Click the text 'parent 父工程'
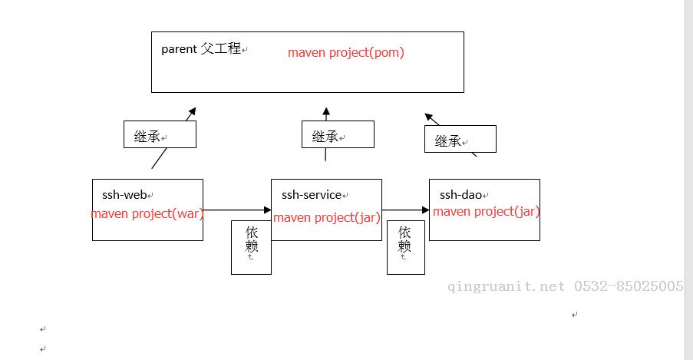200,48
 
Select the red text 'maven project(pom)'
346,53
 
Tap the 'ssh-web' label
124,195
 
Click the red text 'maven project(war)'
147,213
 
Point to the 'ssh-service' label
312,195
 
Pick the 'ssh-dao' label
460,195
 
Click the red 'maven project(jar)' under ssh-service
327,217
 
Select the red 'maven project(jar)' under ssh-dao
486,211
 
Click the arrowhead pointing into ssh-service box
267,210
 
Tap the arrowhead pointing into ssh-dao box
426,210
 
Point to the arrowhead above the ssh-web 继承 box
192,111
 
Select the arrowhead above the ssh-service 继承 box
326,111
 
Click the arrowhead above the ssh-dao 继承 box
429,117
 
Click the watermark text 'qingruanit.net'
506,286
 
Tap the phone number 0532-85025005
629,286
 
